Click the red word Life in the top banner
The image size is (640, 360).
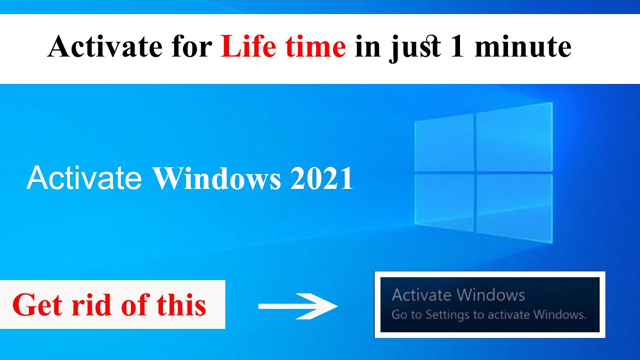(248, 47)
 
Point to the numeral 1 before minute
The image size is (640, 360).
(456, 47)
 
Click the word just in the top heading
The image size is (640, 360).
(415, 48)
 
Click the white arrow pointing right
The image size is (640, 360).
(298, 306)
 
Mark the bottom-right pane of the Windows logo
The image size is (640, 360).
(514, 207)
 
